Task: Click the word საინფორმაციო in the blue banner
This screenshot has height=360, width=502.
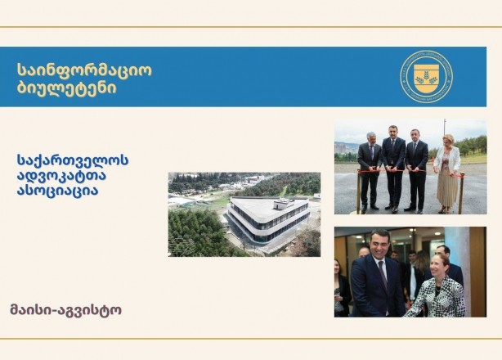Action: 84,70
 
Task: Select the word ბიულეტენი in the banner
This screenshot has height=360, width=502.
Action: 66,88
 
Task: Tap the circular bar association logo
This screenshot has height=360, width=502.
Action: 427,77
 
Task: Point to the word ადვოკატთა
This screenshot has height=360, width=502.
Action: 61,176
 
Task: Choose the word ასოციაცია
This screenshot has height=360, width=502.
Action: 57,191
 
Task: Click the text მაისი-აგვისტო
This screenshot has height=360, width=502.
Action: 66,310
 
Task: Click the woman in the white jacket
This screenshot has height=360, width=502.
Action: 446,173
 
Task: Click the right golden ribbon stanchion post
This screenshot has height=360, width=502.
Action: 461,193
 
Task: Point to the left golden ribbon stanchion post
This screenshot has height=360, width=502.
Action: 359,191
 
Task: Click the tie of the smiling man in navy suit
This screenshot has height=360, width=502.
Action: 383,275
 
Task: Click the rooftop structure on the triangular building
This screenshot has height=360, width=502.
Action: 283,204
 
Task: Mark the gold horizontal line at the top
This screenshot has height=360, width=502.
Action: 251,27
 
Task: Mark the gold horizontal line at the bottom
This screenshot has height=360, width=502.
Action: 251,338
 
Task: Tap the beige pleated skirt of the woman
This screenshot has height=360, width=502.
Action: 447,189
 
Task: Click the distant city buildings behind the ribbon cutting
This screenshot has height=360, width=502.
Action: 346,147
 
